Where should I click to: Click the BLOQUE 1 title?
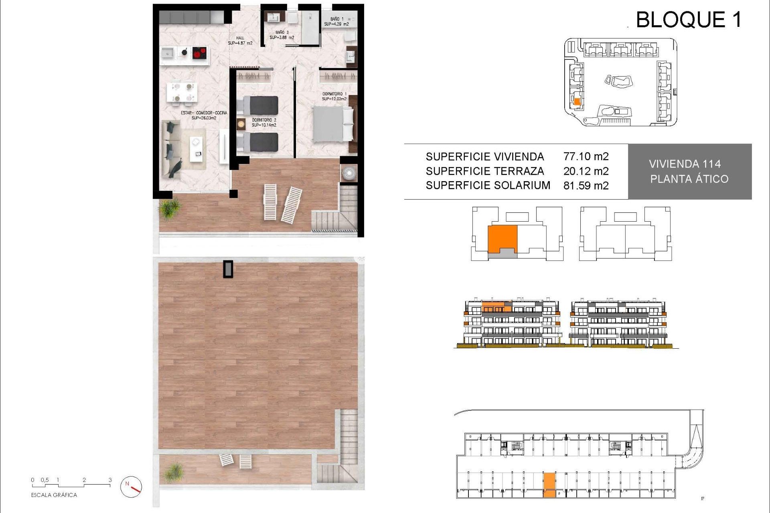(x=689, y=20)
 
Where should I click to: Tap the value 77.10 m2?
(x=586, y=156)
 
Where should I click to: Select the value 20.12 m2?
(x=586, y=171)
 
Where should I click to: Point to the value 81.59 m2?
(x=586, y=186)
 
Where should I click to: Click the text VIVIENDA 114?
(x=685, y=164)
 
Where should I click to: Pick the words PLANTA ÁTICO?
(x=689, y=179)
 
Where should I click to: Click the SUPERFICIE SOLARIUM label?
(x=488, y=185)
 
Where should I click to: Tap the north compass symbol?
(x=131, y=487)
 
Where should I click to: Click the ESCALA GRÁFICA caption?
(x=54, y=495)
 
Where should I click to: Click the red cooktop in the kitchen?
(x=200, y=53)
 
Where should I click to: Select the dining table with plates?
(x=182, y=92)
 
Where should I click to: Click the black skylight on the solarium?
(x=228, y=269)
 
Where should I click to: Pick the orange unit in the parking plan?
(x=549, y=485)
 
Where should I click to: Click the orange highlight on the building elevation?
(x=496, y=307)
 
